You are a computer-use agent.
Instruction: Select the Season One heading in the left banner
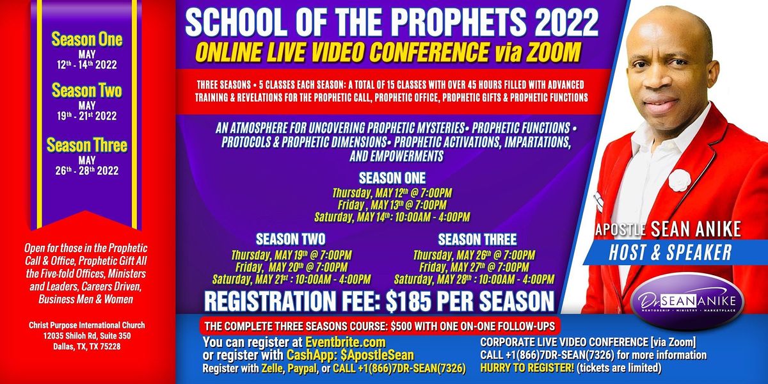click(87, 40)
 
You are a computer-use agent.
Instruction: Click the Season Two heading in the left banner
click(87, 90)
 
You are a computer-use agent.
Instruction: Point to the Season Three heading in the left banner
click(87, 145)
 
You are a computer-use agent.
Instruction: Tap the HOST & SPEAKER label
click(670, 253)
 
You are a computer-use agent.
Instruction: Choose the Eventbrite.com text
click(345, 342)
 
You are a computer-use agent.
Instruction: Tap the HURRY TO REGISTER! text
click(527, 368)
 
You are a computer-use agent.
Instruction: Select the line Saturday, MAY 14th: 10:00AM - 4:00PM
click(392, 217)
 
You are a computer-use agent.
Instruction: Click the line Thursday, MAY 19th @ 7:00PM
click(291, 255)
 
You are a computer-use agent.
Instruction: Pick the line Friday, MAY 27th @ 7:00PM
click(474, 267)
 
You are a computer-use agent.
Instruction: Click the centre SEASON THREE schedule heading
click(477, 239)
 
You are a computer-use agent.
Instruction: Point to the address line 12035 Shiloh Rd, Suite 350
click(87, 336)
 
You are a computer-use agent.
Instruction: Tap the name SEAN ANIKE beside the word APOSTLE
click(696, 229)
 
